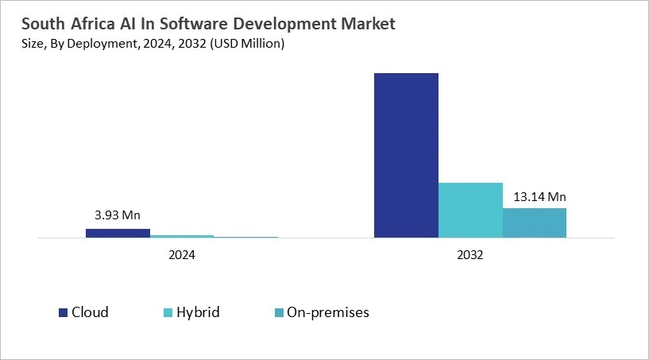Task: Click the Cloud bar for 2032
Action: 406,155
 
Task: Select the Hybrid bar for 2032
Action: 470,210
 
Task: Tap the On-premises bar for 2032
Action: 535,223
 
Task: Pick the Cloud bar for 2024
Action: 118,233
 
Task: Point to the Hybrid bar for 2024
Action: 182,236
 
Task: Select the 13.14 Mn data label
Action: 535,197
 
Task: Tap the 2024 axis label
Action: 182,257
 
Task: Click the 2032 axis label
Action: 470,257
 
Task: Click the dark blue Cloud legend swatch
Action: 63,312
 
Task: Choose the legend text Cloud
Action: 90,312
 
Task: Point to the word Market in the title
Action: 365,25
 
